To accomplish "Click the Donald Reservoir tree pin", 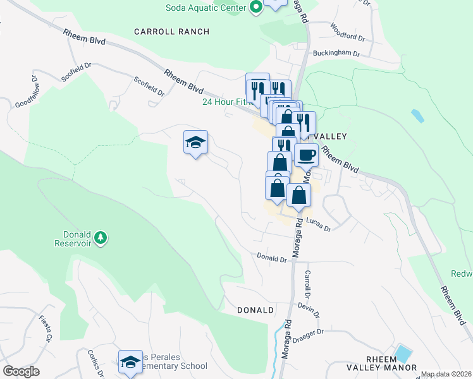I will pos(100,238).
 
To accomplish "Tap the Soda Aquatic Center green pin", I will pos(255,8).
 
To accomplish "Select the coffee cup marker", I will pos(306,154).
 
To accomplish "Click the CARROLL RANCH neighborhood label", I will pos(171,31).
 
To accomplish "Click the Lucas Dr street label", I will pos(319,222).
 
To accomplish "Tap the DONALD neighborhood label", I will pos(255,310).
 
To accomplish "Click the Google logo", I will pos(21,371).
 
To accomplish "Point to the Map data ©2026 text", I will pos(446,374).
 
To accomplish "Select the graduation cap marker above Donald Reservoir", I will pos(196,141).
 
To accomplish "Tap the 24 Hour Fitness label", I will pos(225,102).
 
